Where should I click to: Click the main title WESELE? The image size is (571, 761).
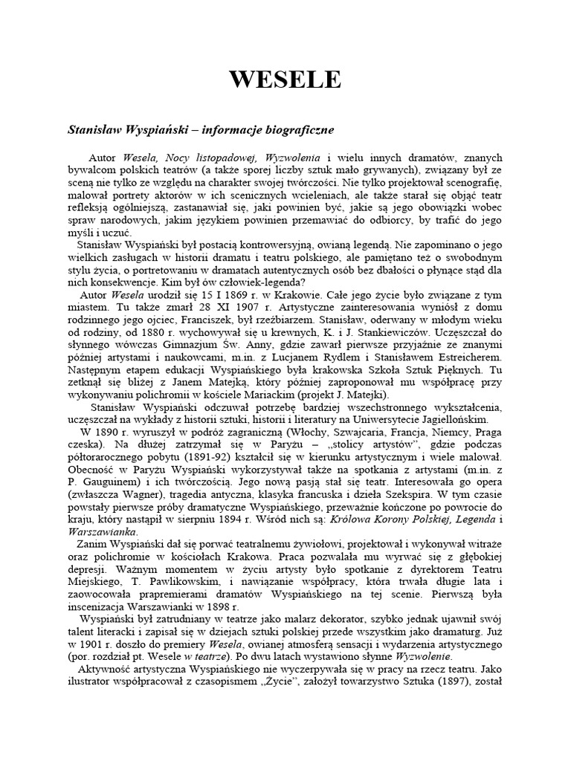point(285,80)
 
